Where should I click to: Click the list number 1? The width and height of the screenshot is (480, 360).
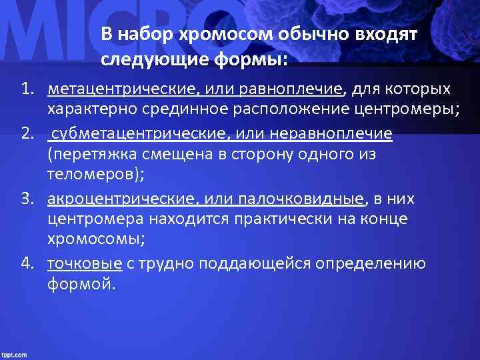pyautogui.click(x=27, y=89)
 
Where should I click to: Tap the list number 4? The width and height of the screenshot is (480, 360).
pyautogui.click(x=27, y=263)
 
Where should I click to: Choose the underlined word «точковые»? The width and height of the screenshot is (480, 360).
pyautogui.click(x=84, y=264)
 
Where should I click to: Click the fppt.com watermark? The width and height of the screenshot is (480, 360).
pyautogui.click(x=14, y=355)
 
